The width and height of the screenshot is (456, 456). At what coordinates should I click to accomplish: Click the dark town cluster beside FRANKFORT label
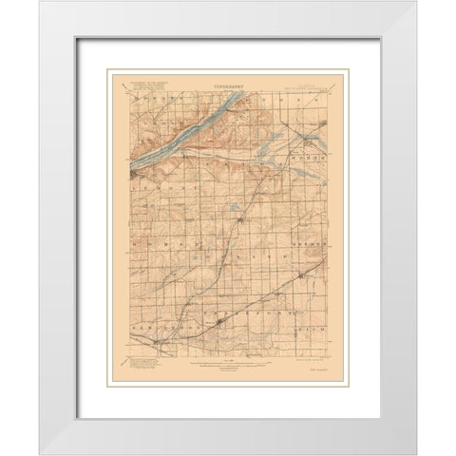[x=221, y=332]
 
